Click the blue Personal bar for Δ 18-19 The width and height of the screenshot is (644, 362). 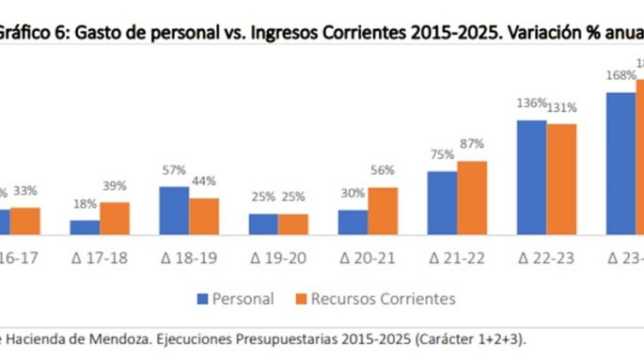coord(173,210)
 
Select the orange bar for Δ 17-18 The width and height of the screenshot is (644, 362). coord(114,217)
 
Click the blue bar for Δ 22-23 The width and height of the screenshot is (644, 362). coord(531,177)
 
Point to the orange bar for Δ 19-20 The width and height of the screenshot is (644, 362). coord(292,224)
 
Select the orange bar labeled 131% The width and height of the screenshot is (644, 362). coord(561,178)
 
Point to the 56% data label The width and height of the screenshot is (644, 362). coord(383,170)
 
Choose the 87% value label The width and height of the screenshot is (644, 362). coord(472,144)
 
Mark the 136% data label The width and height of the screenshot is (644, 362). coord(531,102)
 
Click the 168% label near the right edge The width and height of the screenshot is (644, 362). coord(620,76)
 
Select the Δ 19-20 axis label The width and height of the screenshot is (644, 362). coord(277,257)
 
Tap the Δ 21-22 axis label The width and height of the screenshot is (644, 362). coord(456,257)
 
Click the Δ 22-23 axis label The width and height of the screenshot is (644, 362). coord(545,257)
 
